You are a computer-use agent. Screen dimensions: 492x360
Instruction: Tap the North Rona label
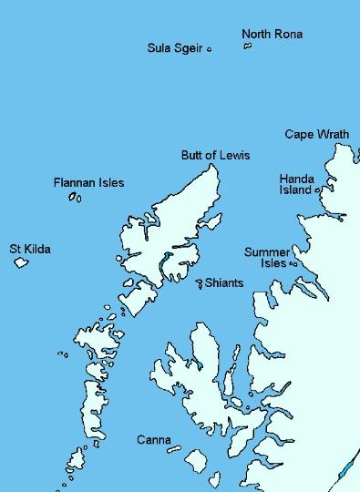click(x=272, y=35)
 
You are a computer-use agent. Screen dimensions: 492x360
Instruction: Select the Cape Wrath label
click(x=316, y=134)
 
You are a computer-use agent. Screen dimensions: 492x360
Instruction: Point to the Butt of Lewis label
click(x=215, y=156)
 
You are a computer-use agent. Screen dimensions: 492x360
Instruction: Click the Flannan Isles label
click(x=88, y=183)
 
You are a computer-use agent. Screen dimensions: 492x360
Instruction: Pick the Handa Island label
click(x=296, y=185)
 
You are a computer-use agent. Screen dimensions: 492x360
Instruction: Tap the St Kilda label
click(x=29, y=248)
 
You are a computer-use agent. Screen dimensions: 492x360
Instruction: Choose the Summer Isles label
click(x=266, y=258)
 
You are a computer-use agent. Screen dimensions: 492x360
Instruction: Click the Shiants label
click(x=224, y=283)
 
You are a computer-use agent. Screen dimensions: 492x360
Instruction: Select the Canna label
click(x=153, y=440)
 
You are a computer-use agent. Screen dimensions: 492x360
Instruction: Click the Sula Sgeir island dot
click(x=210, y=49)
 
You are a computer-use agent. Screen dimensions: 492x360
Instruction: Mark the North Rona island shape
click(x=247, y=46)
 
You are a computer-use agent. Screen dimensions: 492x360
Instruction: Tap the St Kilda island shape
click(x=21, y=263)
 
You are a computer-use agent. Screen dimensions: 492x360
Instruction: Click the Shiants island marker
click(x=200, y=284)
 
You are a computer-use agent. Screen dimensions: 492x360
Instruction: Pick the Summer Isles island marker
click(x=293, y=264)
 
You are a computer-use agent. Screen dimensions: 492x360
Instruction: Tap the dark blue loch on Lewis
click(x=164, y=266)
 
